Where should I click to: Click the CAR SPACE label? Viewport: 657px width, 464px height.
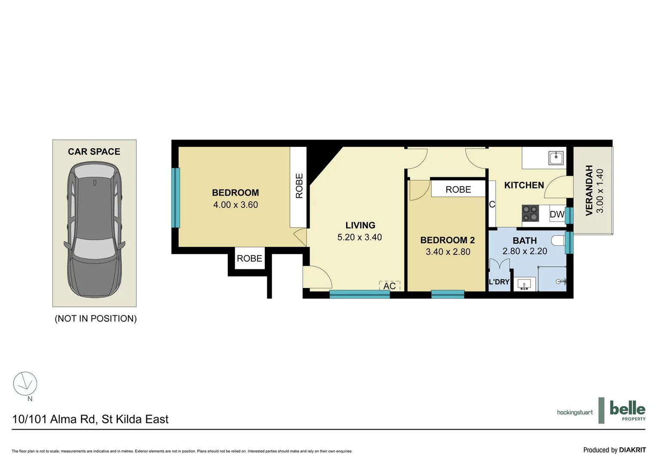tap(94, 152)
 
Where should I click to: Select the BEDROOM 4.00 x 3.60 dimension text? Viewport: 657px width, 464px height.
tap(235, 205)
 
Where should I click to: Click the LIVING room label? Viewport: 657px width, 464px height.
tap(360, 225)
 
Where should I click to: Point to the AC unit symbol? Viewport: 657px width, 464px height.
tap(390, 286)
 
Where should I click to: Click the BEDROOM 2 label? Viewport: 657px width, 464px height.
tap(447, 240)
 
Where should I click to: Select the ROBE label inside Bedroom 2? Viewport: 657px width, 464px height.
tap(458, 189)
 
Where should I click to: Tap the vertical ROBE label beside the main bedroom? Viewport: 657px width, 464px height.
tap(299, 186)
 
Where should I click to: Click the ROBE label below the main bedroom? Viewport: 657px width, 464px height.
tap(249, 258)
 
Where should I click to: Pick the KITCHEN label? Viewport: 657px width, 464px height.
tap(524, 185)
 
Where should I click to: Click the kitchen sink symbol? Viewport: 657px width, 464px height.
tap(556, 158)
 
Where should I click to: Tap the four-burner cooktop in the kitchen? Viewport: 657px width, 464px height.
tap(530, 213)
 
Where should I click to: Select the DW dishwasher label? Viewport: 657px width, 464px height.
tap(557, 214)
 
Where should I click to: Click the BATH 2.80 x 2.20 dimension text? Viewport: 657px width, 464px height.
tap(525, 251)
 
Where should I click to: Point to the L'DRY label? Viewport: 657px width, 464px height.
tap(499, 282)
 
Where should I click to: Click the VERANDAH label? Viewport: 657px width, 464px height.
tap(589, 190)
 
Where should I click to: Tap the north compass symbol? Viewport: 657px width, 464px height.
tap(25, 384)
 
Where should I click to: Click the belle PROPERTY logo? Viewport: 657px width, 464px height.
tap(627, 410)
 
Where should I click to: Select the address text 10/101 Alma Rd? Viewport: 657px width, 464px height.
tap(90, 419)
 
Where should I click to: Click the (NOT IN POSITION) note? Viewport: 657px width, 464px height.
tap(95, 318)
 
